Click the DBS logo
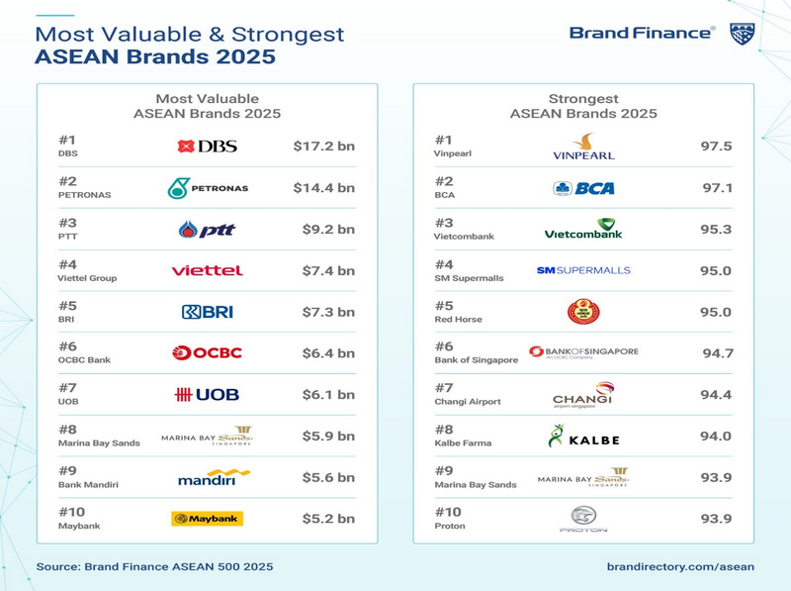(x=207, y=147)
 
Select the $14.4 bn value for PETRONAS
(x=323, y=187)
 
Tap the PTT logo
(x=207, y=230)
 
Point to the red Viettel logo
(x=207, y=270)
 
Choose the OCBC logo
(x=207, y=352)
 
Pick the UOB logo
(x=207, y=394)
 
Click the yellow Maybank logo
(x=207, y=518)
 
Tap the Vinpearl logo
(x=583, y=147)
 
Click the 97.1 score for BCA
(x=715, y=187)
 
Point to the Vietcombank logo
(x=583, y=230)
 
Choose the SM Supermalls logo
(x=583, y=270)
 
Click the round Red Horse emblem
(x=583, y=313)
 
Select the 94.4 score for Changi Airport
(x=715, y=394)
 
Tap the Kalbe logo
(x=583, y=436)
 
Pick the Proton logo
(x=583, y=519)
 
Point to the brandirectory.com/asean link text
(x=680, y=566)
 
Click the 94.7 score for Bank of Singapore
(x=715, y=352)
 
